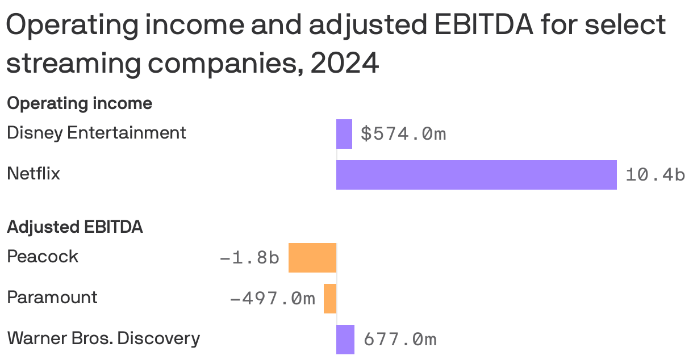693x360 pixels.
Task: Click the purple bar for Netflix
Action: (476, 174)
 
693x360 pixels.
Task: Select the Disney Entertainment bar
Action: (344, 134)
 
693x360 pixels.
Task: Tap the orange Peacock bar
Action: (312, 258)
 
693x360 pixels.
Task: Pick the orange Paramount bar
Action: (330, 299)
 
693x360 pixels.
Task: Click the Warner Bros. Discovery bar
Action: (345, 340)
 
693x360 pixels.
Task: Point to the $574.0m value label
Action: (403, 134)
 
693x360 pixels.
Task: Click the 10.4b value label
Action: (655, 175)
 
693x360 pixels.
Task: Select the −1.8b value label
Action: (249, 258)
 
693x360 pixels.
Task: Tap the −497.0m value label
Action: (272, 299)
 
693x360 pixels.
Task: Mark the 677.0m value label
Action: (400, 340)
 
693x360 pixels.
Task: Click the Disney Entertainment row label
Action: (96, 133)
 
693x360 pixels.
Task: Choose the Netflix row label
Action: (34, 174)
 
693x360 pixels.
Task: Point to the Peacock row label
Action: (43, 257)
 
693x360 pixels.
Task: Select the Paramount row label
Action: (52, 298)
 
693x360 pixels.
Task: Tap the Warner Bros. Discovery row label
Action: (103, 338)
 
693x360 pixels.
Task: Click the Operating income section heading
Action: (80, 103)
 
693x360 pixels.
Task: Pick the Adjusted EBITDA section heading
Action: (74, 227)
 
